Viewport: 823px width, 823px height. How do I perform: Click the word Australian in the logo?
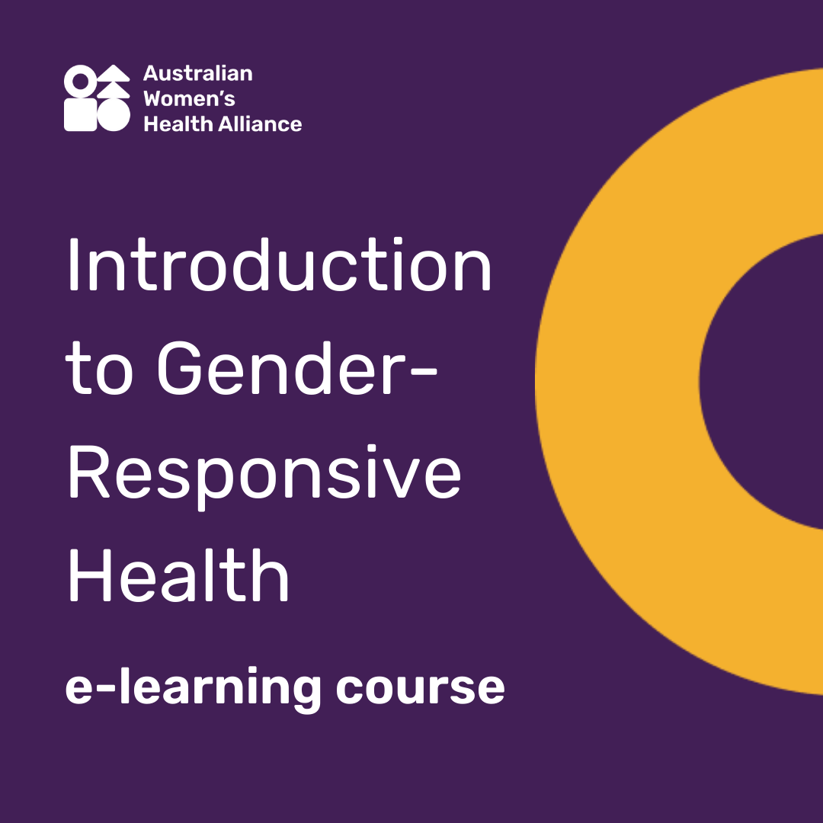(x=197, y=74)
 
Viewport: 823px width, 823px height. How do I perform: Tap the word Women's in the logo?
(x=189, y=99)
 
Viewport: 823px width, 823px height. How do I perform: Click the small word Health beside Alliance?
(x=178, y=123)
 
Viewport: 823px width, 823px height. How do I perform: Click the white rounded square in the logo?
(x=80, y=115)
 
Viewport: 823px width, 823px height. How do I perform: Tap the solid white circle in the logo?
(x=114, y=115)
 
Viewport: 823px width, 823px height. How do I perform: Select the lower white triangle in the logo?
(x=114, y=89)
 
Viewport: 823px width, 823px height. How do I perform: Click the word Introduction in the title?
(x=279, y=267)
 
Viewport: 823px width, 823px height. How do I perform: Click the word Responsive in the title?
(x=264, y=476)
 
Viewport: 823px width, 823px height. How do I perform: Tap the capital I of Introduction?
(x=73, y=267)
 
